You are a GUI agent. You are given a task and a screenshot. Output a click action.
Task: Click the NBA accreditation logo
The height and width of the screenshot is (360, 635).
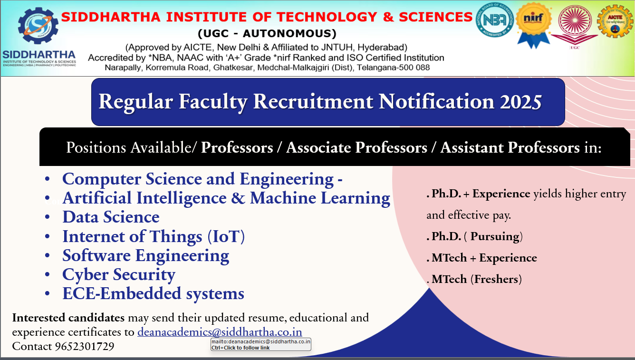click(495, 20)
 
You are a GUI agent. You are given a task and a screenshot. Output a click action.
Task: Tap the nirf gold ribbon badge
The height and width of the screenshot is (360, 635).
click(533, 25)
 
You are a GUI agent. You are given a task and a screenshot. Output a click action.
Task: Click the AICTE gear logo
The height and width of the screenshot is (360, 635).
click(615, 21)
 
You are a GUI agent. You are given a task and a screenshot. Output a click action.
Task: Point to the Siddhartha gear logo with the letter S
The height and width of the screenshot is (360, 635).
click(38, 26)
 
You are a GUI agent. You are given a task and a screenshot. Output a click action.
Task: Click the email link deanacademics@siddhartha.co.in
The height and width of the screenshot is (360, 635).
click(220, 331)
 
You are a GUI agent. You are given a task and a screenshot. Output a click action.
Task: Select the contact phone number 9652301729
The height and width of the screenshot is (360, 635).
click(85, 346)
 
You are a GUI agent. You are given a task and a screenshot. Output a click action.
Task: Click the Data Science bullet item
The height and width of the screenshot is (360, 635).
click(111, 217)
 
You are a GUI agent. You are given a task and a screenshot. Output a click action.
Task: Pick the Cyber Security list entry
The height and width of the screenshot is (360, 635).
click(119, 274)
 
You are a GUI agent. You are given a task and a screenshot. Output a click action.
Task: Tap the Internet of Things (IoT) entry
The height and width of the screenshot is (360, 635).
click(154, 236)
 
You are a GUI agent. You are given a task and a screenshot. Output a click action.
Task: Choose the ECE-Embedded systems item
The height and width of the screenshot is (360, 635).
click(154, 293)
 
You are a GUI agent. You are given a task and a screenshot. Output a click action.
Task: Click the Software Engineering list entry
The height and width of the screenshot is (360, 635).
click(146, 255)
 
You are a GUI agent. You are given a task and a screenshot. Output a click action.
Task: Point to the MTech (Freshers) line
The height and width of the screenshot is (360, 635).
click(474, 279)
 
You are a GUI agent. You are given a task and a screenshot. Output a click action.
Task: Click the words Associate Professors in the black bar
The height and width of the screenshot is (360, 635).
click(356, 147)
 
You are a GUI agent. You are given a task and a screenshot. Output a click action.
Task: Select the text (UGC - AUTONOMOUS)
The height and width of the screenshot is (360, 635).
click(267, 33)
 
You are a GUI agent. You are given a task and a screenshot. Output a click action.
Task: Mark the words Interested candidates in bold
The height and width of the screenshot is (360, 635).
click(68, 318)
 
